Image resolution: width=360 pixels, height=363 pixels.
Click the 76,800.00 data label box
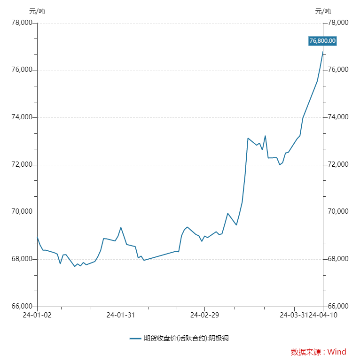pyautogui.click(x=322, y=41)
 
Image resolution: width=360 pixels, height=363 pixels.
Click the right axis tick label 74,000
pyautogui.click(x=338, y=117)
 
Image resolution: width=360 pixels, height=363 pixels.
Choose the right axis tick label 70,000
pyautogui.click(x=338, y=212)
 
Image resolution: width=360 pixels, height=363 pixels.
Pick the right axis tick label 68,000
pyautogui.click(x=338, y=259)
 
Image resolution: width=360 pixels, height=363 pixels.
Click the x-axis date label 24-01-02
pyautogui.click(x=37, y=315)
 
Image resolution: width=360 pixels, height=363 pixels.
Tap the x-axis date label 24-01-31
pyautogui.click(x=121, y=315)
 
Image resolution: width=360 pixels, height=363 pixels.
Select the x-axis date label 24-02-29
pyautogui.click(x=204, y=315)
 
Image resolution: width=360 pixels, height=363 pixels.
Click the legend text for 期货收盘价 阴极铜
pyautogui.click(x=186, y=338)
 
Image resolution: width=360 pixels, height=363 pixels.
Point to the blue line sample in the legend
pyautogui.click(x=135, y=338)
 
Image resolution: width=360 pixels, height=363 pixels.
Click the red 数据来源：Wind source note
pyautogui.click(x=318, y=352)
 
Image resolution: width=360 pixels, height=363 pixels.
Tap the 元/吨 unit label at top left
pyautogui.click(x=37, y=11)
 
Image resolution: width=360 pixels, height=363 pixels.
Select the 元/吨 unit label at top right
pyautogui.click(x=323, y=11)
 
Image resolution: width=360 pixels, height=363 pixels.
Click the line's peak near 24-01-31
pyautogui.click(x=121, y=228)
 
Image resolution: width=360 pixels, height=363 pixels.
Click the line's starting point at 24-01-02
pyautogui.click(x=38, y=237)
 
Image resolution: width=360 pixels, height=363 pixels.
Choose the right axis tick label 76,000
pyautogui.click(x=338, y=70)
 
